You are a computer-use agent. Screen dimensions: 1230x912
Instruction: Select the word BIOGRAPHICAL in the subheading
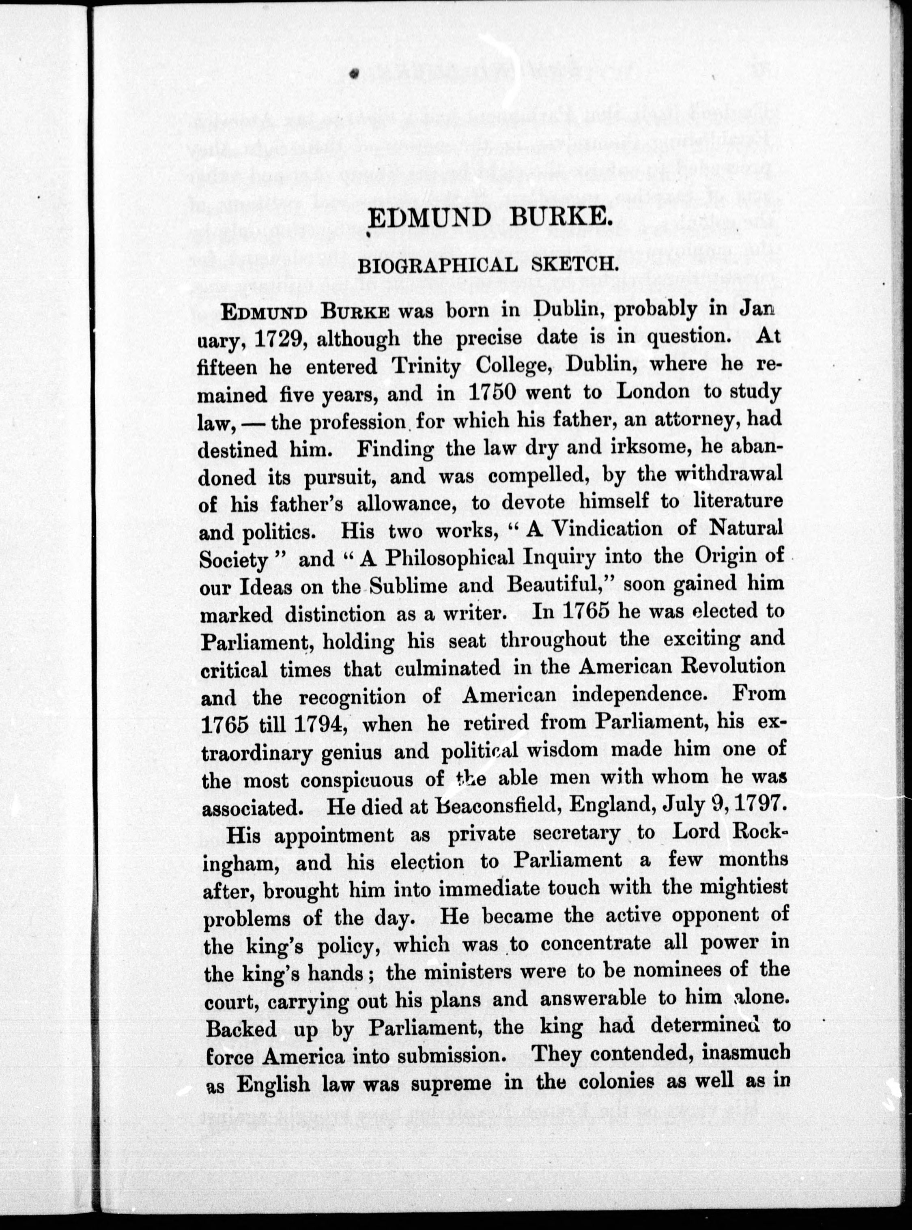coord(438,266)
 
